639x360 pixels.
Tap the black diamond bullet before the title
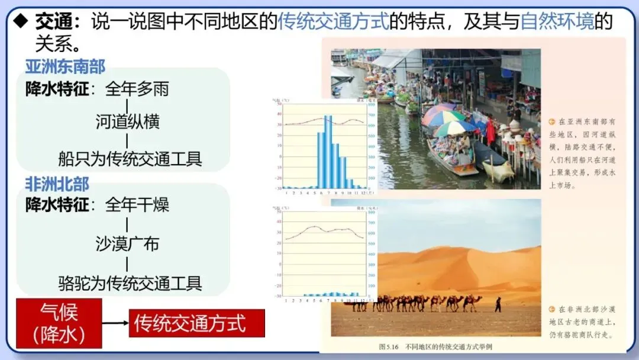point(21,22)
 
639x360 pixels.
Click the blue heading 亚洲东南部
point(65,66)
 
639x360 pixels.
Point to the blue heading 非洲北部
point(57,184)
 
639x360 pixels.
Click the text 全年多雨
point(137,89)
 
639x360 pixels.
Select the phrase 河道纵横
point(127,121)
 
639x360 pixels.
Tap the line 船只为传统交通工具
point(130,159)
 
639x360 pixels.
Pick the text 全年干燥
point(137,205)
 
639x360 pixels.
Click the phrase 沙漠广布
point(127,243)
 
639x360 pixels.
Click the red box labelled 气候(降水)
point(59,323)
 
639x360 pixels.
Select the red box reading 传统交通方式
point(196,323)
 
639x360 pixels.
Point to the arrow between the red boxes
point(115,323)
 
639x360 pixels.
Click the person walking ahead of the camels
point(498,304)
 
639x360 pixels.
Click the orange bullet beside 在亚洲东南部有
point(552,121)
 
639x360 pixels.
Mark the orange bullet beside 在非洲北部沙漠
point(552,309)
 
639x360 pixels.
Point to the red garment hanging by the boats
point(490,131)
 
